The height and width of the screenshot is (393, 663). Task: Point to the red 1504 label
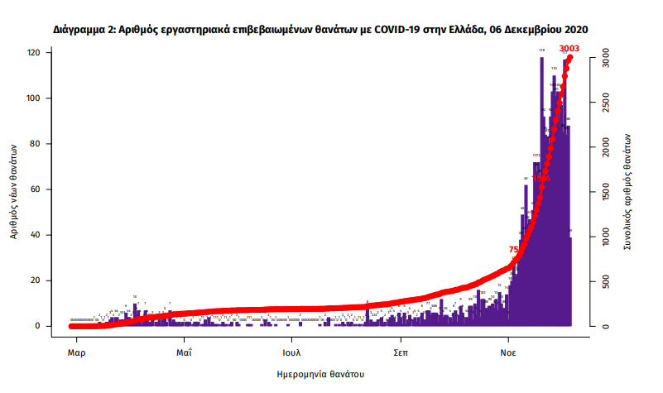pyautogui.click(x=540, y=178)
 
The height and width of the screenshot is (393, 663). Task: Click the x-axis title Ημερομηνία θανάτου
pyautogui.click(x=320, y=374)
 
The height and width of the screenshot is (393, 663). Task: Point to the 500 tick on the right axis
pyautogui.click(x=605, y=282)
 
